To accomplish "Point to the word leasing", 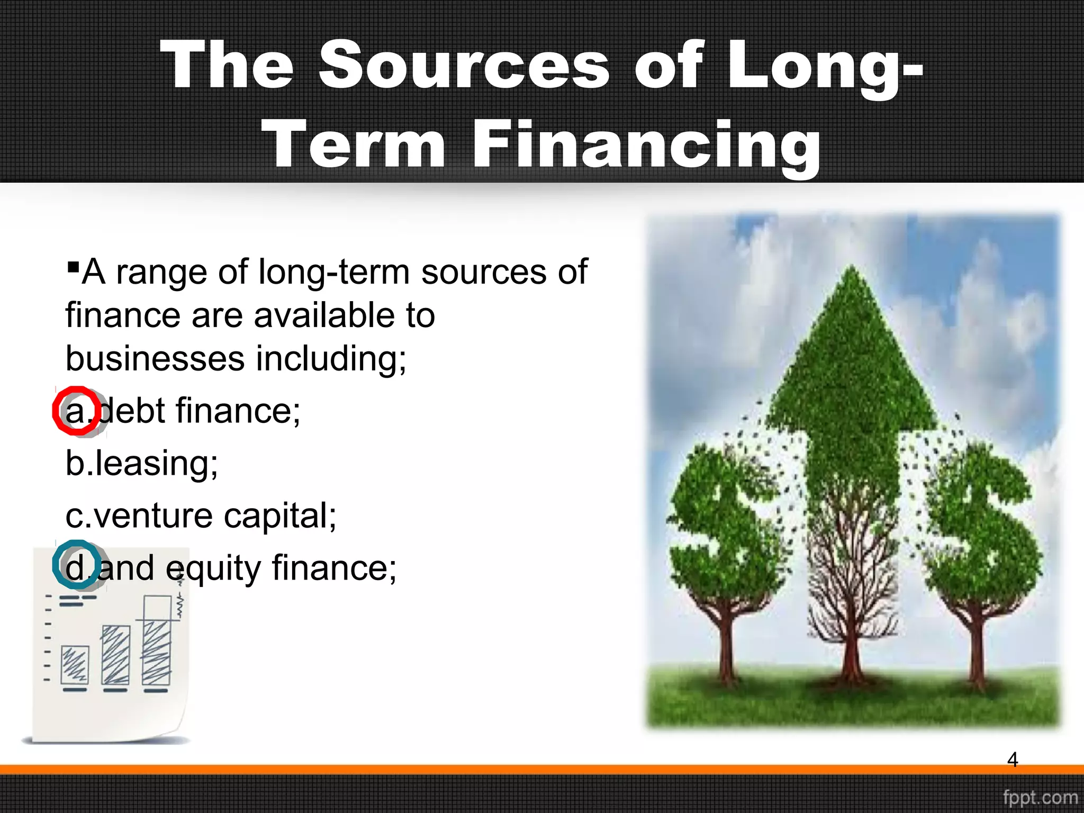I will [156, 464].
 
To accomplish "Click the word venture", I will [153, 516].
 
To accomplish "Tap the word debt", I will [132, 411].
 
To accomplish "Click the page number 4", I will [1012, 760].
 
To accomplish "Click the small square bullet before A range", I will [74, 265].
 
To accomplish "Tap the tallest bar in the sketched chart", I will [157, 640].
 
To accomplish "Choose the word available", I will [324, 315].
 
